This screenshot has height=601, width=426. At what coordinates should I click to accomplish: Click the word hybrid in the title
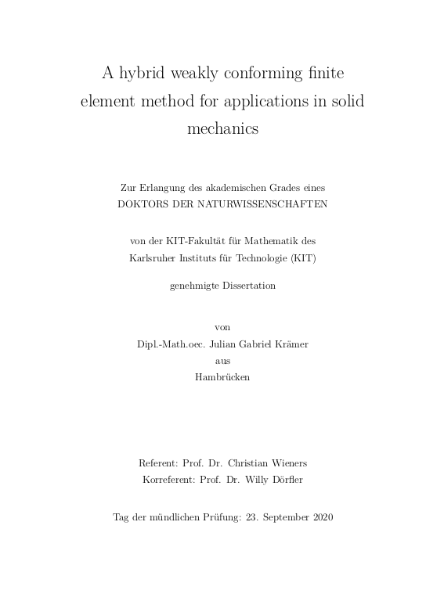(144, 74)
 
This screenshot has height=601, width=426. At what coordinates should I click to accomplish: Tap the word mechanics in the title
(223, 129)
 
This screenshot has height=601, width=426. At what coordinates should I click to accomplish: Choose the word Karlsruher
(154, 257)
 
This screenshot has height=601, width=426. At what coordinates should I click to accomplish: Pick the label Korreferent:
(168, 478)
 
